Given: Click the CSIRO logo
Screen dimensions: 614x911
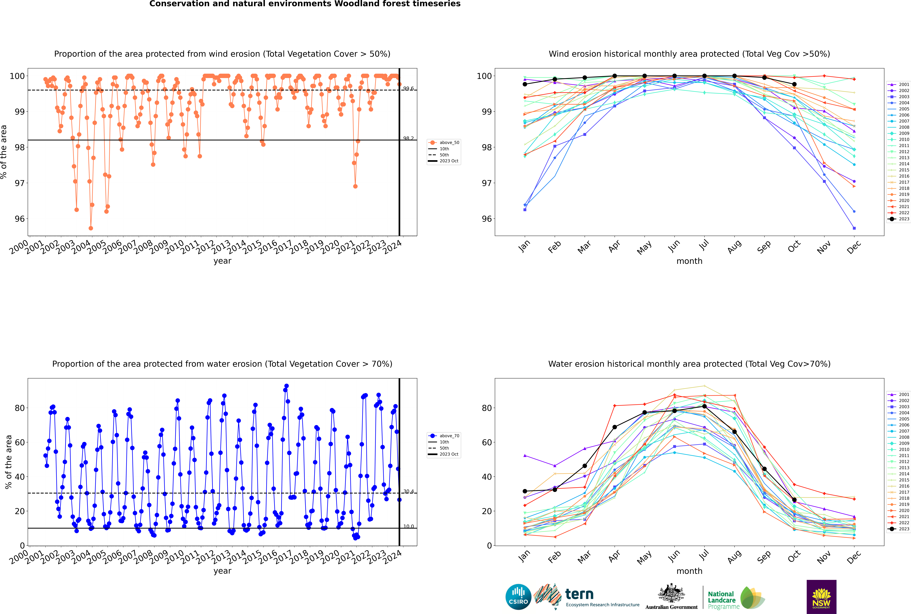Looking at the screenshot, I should tap(518, 597).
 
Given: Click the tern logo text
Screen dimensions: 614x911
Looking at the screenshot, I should tap(579, 594).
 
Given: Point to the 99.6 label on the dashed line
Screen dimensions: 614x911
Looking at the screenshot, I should tap(409, 89).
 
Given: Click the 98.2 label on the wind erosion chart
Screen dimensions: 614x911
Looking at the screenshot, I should tap(409, 138).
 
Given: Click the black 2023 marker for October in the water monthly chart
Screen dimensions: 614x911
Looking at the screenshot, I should tap(794, 500).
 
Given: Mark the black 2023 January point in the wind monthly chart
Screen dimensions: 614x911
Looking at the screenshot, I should tap(525, 84).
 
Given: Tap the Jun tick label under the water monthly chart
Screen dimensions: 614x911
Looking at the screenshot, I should tap(674, 557).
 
